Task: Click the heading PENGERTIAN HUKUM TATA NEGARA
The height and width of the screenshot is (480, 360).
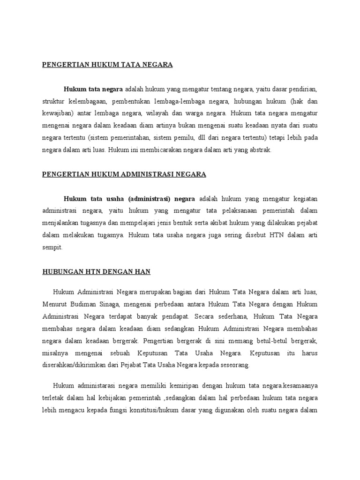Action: tap(107, 65)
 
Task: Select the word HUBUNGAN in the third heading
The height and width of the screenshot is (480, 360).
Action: tap(61, 272)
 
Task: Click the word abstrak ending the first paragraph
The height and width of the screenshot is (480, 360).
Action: tap(260, 150)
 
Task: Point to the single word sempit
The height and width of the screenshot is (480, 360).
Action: tap(52, 247)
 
